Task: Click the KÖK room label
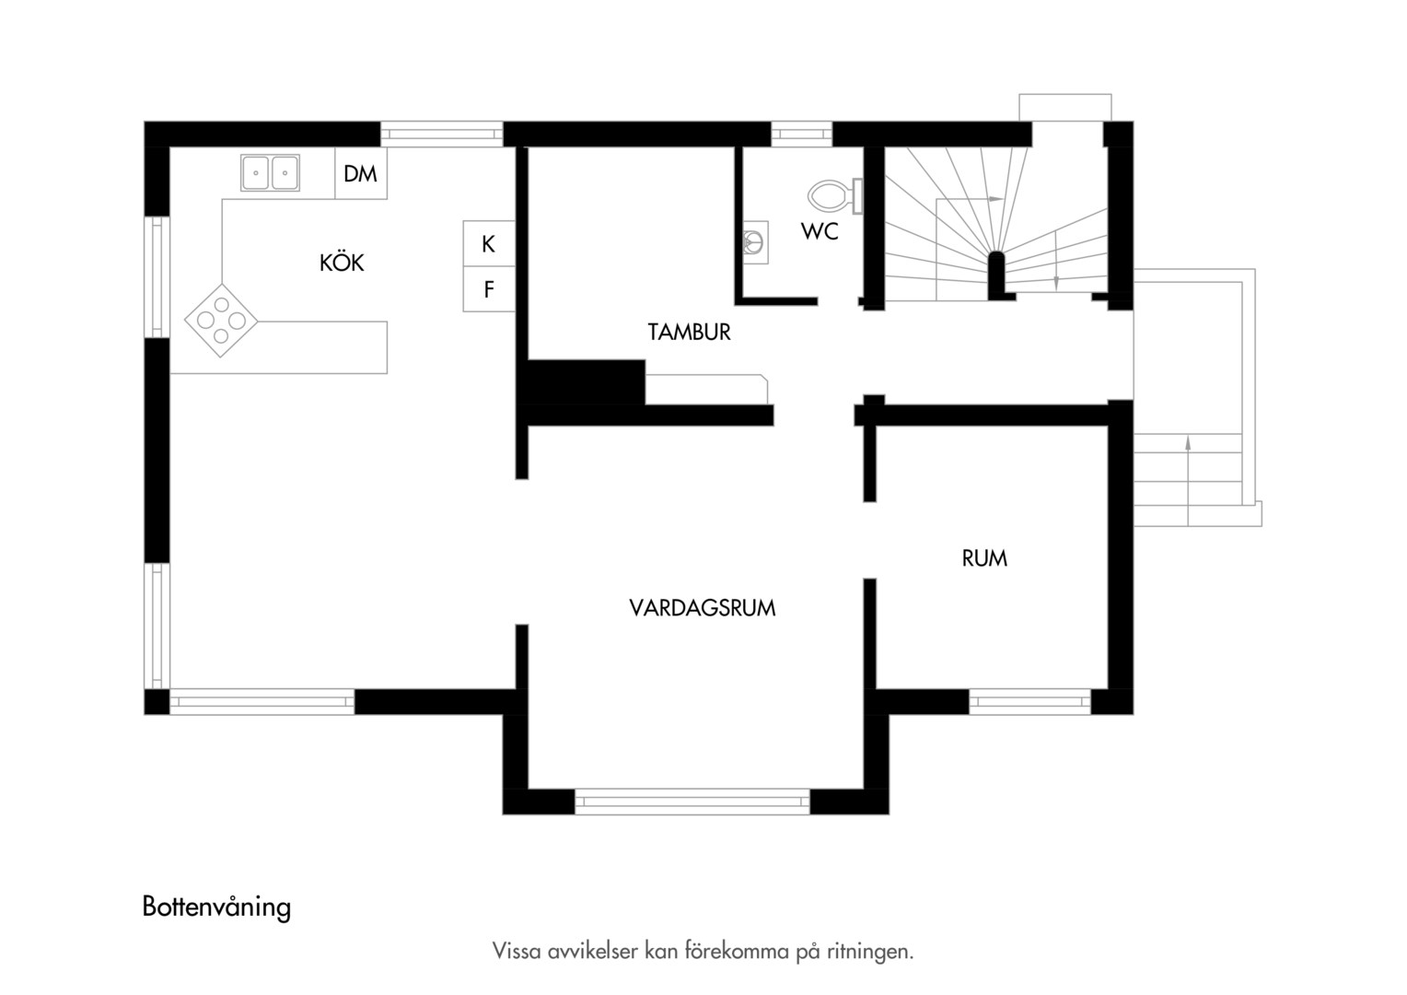(x=342, y=262)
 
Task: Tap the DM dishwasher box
(x=361, y=173)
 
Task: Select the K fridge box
(x=489, y=243)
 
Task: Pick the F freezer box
(x=489, y=289)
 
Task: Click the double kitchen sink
(x=270, y=172)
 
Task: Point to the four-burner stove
(x=221, y=321)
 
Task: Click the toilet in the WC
(x=835, y=196)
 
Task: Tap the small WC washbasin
(x=754, y=242)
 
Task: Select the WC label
(x=820, y=231)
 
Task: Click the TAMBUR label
(x=689, y=332)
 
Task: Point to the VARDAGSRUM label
(x=703, y=608)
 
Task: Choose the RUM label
(x=984, y=558)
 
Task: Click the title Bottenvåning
(x=216, y=907)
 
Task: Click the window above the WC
(x=801, y=134)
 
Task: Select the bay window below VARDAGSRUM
(x=692, y=802)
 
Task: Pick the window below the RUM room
(x=1030, y=701)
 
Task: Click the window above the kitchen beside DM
(x=442, y=134)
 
